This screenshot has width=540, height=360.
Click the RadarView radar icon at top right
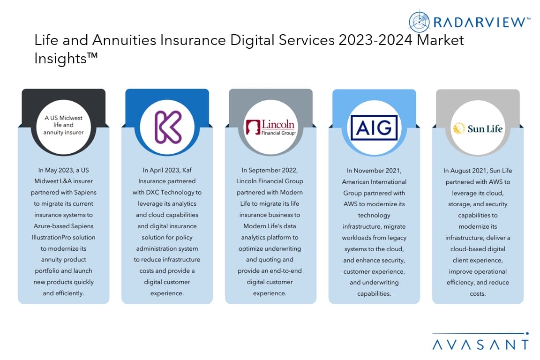[x=419, y=22]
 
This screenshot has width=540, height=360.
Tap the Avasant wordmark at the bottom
[x=480, y=345]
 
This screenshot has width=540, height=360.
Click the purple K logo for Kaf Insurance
[x=168, y=127]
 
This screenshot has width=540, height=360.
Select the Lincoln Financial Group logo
[x=270, y=127]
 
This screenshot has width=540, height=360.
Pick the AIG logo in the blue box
[x=374, y=128]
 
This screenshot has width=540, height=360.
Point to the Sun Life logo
[x=478, y=128]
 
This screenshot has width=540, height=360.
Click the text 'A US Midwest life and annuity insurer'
[x=63, y=125]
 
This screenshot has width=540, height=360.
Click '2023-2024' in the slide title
[x=375, y=40]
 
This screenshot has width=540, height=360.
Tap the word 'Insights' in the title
[x=60, y=58]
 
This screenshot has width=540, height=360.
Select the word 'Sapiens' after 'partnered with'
[x=85, y=192]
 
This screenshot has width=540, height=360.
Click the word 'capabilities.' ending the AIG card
[x=374, y=294]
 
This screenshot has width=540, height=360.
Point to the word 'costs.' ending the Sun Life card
[x=478, y=294]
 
